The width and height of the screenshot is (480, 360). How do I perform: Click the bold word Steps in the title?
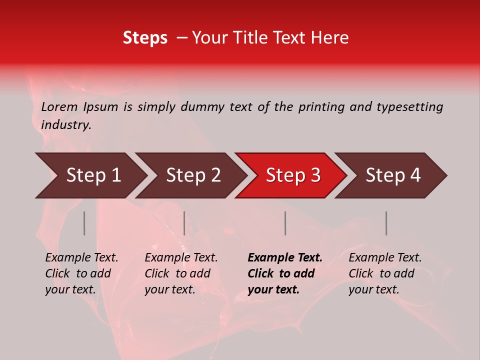tap(145, 38)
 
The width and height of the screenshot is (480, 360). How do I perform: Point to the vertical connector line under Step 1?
tap(84, 223)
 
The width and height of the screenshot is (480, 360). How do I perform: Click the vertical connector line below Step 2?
tap(184, 223)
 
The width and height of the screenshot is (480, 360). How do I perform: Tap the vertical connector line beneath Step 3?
tap(285, 223)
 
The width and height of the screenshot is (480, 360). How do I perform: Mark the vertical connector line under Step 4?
tap(386, 223)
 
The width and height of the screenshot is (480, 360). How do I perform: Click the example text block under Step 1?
tap(81, 273)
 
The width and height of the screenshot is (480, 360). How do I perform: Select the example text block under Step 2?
tap(181, 273)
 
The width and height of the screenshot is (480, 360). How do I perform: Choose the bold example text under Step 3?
tap(285, 273)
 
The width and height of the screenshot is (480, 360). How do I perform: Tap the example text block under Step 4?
tap(385, 273)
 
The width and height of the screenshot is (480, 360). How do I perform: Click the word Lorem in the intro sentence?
tap(59, 107)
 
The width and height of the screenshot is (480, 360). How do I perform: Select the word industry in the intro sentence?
tap(66, 125)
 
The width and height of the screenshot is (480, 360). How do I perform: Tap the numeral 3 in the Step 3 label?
tap(315, 175)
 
